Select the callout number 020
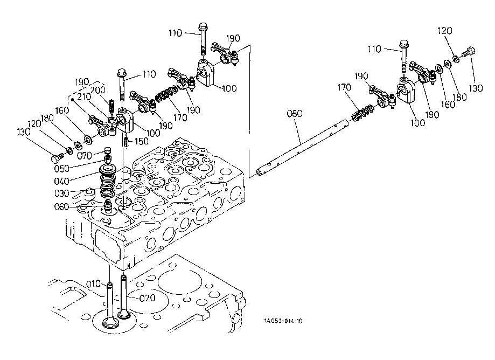147,298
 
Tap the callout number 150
141,141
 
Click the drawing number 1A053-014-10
283,321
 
